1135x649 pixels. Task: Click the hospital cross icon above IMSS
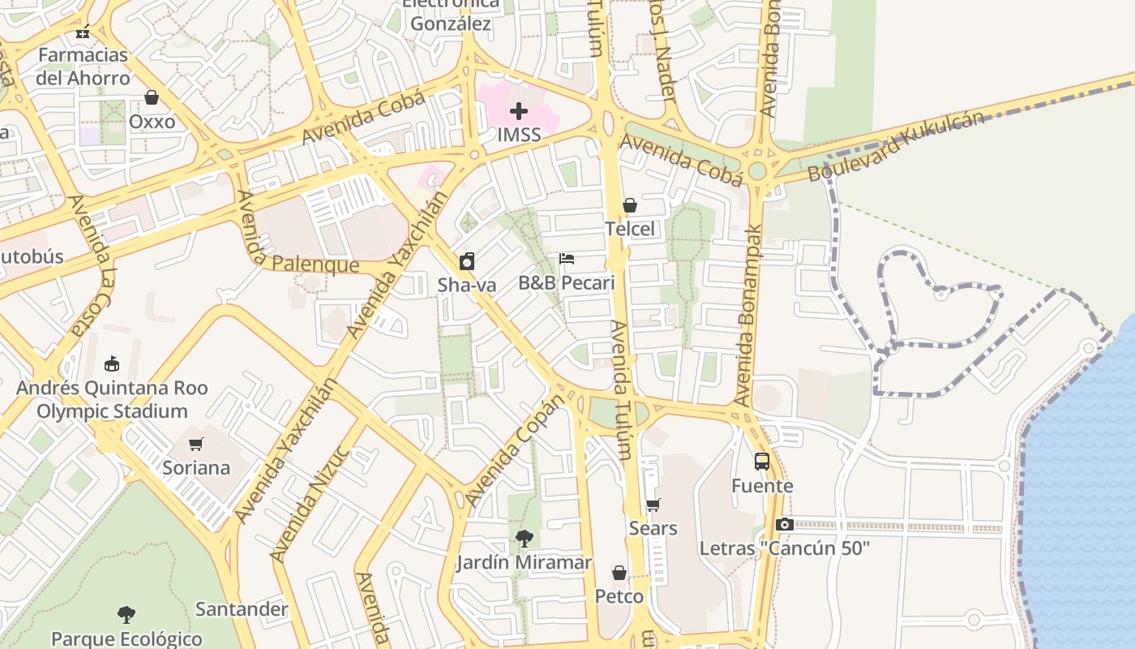tap(519, 111)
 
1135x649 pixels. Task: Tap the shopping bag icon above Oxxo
tap(152, 98)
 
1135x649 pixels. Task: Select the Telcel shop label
tap(630, 229)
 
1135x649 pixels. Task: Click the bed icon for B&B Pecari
tap(567, 259)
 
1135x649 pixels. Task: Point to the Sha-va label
tap(466, 285)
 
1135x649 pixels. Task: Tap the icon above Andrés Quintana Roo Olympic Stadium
tap(112, 364)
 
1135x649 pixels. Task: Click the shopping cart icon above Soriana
tap(195, 444)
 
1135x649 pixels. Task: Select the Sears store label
tap(653, 528)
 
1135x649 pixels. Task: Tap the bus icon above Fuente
tap(762, 462)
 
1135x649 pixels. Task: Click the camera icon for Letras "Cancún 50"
tap(784, 524)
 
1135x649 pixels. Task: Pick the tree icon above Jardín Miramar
tap(524, 538)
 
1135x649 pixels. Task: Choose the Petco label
tap(619, 596)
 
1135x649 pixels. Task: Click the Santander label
tap(242, 609)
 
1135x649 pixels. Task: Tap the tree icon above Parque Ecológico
tap(126, 614)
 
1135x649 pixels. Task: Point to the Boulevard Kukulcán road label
tap(896, 146)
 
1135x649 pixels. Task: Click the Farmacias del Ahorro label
tap(83, 67)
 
